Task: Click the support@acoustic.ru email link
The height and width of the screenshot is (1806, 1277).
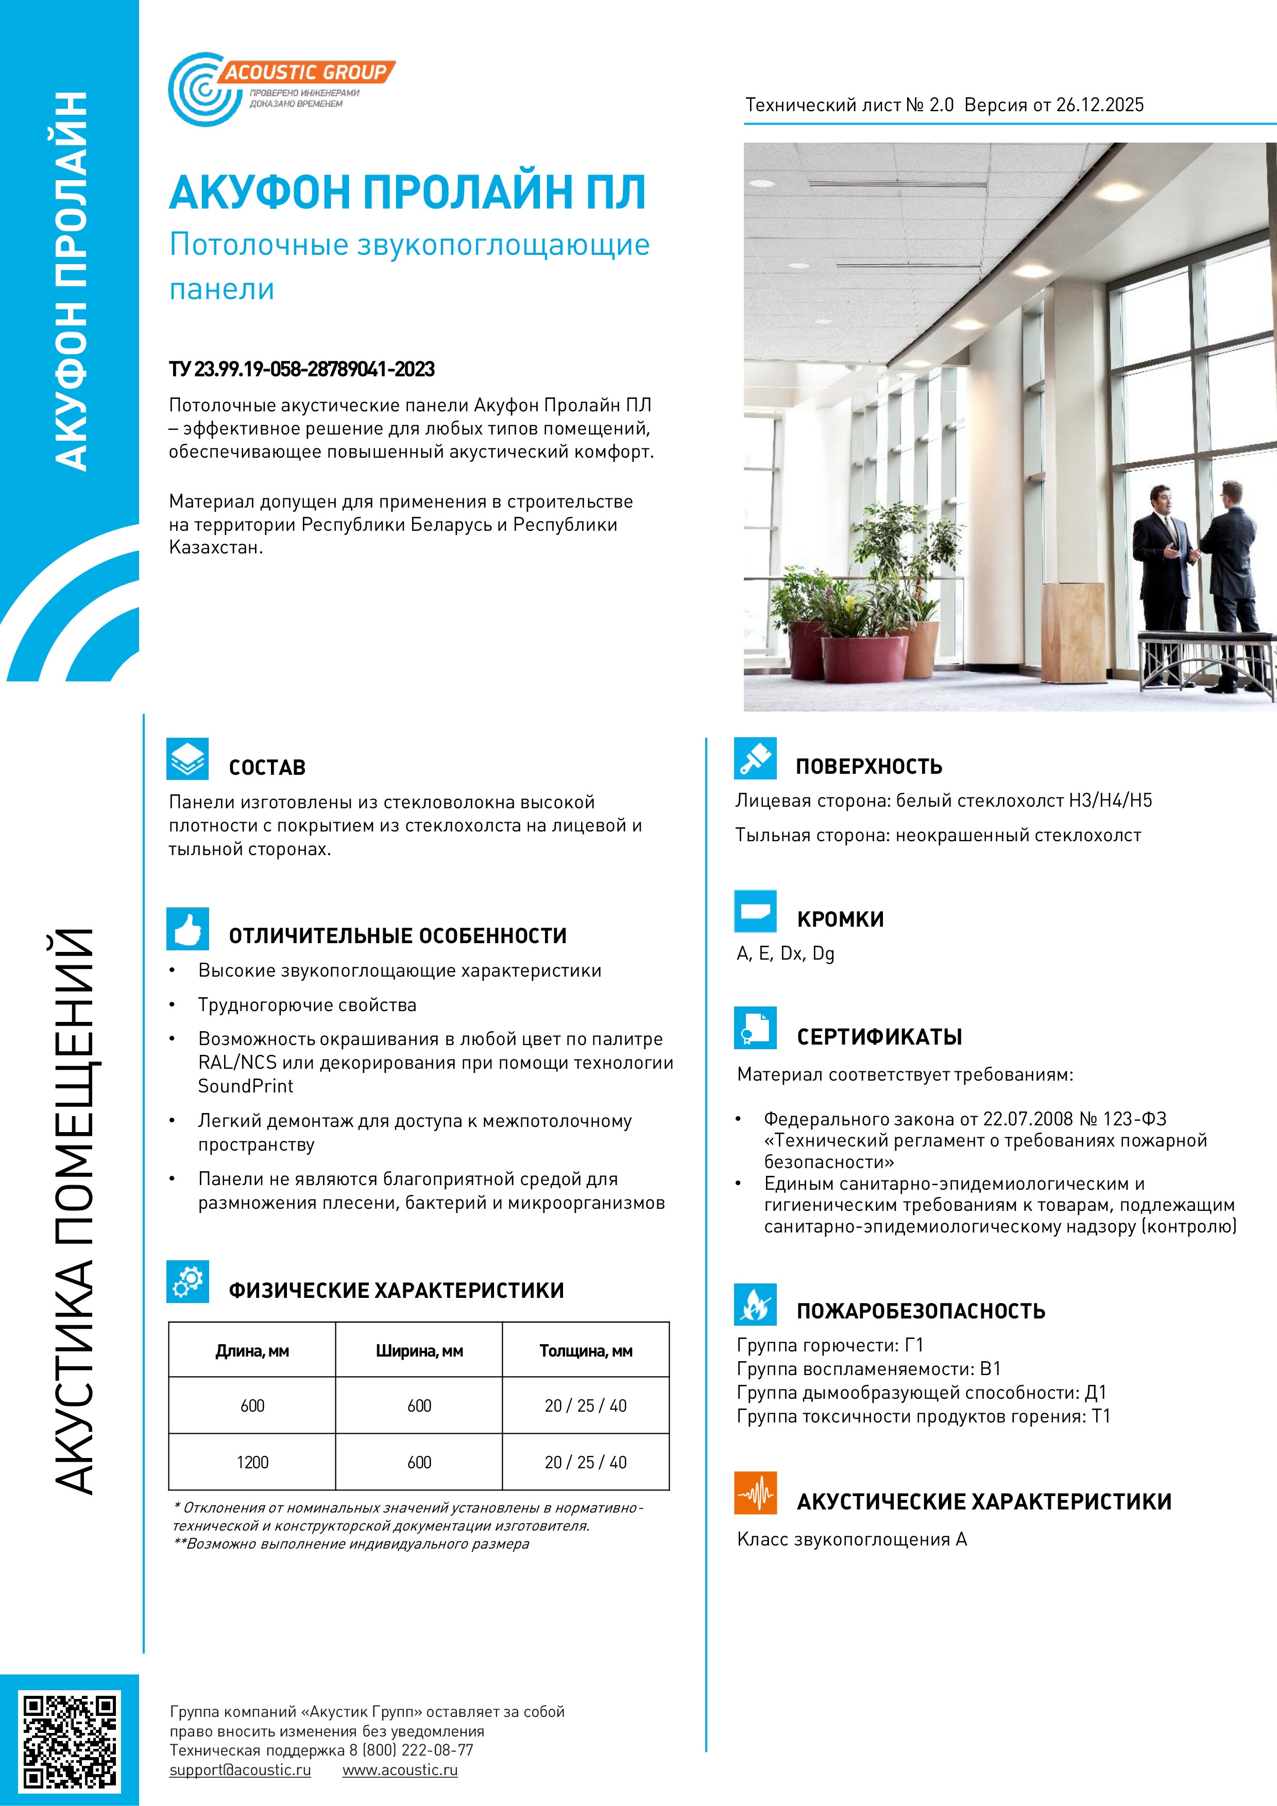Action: coord(240,1770)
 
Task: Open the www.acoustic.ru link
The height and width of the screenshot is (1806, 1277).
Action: coord(400,1770)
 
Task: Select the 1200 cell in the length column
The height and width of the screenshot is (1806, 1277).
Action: coord(252,1462)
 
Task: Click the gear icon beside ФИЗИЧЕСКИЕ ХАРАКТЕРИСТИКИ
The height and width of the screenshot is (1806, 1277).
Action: coord(188,1281)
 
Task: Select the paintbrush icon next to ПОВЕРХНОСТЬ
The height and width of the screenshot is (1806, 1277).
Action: coord(755,758)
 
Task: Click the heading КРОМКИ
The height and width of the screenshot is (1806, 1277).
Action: coord(840,919)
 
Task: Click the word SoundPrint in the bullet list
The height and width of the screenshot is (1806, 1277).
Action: coord(246,1086)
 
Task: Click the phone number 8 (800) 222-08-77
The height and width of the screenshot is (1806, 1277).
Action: coord(412,1750)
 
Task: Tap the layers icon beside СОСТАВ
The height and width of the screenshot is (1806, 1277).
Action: coord(188,759)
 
